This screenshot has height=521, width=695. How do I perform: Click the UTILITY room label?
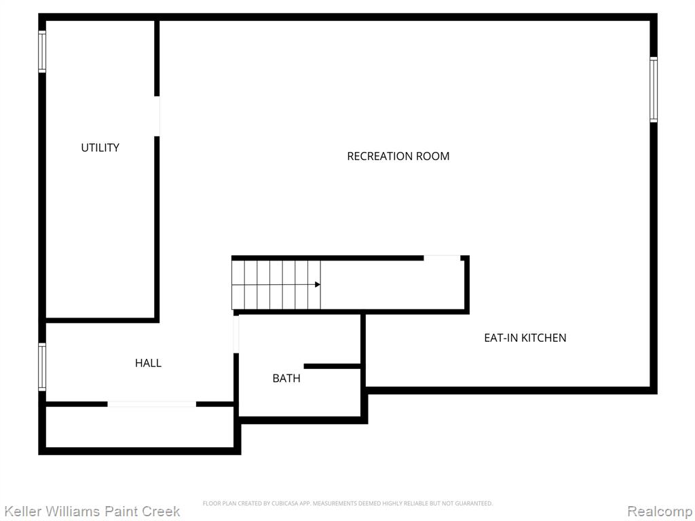[100, 147]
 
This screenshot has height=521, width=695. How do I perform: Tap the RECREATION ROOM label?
[398, 156]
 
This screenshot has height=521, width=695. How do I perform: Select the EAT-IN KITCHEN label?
[525, 338]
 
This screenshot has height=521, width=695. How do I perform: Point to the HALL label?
[148, 363]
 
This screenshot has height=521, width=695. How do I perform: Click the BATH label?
[286, 379]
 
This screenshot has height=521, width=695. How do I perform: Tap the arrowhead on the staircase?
[318, 284]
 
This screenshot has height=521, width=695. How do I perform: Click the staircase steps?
[276, 284]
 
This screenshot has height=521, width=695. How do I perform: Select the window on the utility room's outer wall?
[42, 52]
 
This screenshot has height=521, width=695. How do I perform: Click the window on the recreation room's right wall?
[654, 90]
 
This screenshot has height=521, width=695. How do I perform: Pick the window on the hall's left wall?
[42, 367]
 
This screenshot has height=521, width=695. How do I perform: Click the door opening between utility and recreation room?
[157, 116]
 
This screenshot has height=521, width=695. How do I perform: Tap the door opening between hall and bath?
[236, 334]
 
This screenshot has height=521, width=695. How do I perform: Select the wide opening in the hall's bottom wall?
[151, 404]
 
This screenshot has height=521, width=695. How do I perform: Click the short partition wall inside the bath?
[332, 366]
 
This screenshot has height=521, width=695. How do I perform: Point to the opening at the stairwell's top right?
[442, 258]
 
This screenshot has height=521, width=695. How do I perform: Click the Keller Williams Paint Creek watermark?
[92, 512]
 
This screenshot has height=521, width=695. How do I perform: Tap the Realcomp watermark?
[660, 512]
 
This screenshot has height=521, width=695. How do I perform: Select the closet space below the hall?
[140, 427]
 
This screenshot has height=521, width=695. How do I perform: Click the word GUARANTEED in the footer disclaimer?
[474, 503]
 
